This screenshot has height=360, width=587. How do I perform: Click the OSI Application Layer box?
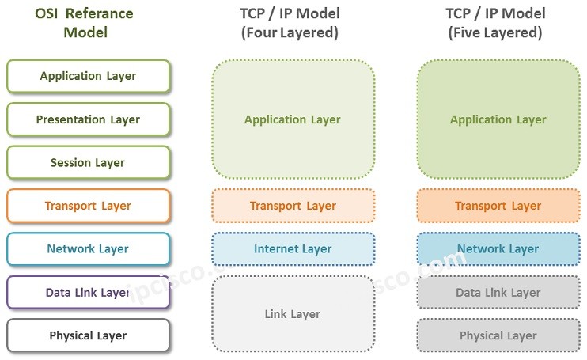coord(88,77)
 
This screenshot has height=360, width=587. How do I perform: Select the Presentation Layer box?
coord(88,119)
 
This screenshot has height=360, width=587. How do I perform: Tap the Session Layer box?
coord(88,163)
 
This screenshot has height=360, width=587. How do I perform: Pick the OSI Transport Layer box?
coord(88,206)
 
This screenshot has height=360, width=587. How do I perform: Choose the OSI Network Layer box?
coord(88,249)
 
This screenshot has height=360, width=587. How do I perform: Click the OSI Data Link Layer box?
coord(88,292)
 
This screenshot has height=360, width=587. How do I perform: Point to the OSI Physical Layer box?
coord(88,335)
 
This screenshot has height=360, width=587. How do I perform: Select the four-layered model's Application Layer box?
coord(293,119)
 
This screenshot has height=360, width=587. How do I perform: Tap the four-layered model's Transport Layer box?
coord(293,206)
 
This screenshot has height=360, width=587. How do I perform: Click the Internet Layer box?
coord(293,249)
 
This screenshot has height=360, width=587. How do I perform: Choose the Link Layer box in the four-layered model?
coord(293,314)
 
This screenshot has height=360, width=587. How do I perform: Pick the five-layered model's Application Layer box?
coord(498,119)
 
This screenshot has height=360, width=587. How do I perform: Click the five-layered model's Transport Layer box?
coord(498,206)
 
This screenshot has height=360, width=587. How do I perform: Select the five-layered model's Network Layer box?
coord(498,249)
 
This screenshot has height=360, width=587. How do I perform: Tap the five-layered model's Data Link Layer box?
coord(498,293)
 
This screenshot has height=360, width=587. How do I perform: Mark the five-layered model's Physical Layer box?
coord(498,335)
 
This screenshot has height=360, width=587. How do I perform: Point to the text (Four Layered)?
coord(290,33)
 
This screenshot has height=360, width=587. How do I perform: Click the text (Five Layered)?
coord(495,33)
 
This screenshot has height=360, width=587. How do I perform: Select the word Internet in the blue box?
coord(276,249)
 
